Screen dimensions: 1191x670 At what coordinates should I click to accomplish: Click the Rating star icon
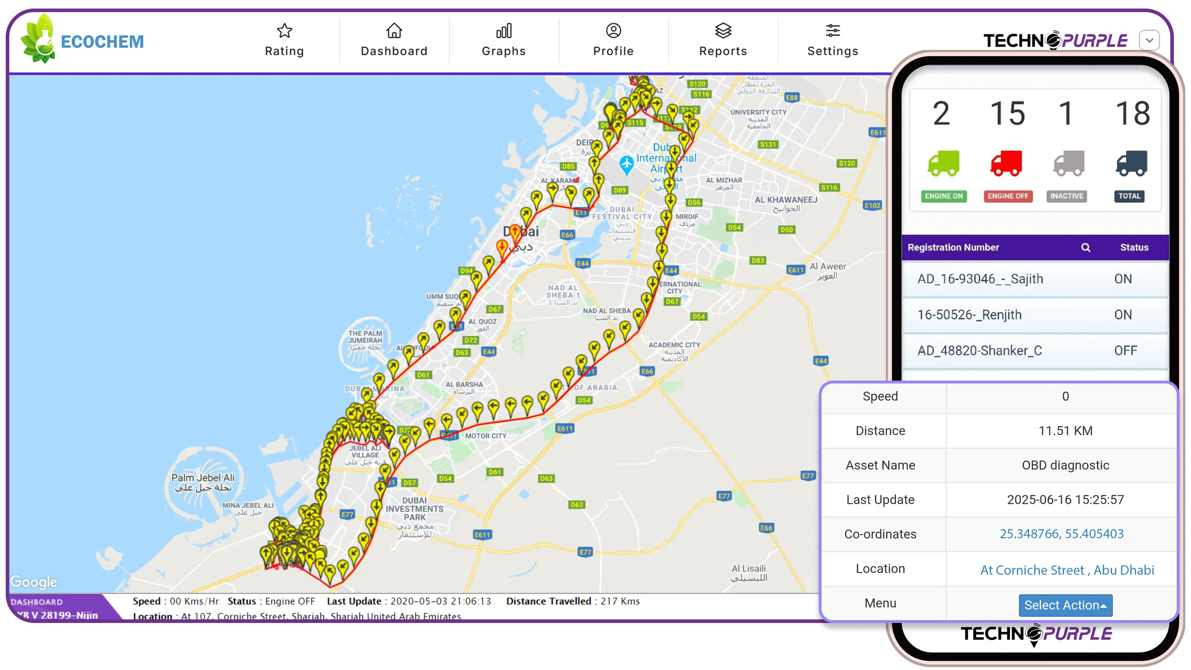[284, 31]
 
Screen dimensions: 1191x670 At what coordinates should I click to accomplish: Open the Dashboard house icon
[394, 31]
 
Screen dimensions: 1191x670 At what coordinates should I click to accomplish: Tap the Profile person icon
[613, 31]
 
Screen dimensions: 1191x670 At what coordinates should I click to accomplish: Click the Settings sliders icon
[833, 31]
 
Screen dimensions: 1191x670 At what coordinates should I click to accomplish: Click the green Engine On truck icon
[943, 164]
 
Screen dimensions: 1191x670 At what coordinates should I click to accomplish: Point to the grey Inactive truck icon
[1068, 164]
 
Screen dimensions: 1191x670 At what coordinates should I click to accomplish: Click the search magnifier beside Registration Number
[1085, 248]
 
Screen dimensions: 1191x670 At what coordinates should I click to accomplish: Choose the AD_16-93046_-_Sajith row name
[980, 279]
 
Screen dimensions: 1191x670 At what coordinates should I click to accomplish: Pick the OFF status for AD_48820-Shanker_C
[1125, 351]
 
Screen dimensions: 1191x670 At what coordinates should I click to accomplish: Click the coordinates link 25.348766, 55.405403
[1062, 534]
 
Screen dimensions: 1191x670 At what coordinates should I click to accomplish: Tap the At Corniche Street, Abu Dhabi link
[1067, 570]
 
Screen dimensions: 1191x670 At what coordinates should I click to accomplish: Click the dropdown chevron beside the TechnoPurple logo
[1149, 41]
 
